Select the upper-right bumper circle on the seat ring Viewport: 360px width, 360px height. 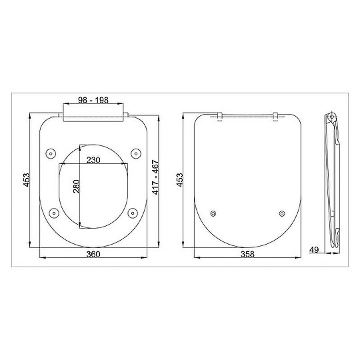point(135,153)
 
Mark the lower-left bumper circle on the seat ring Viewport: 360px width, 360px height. point(53,213)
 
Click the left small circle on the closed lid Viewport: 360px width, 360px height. point(213,213)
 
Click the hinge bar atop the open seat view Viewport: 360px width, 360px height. point(94,115)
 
